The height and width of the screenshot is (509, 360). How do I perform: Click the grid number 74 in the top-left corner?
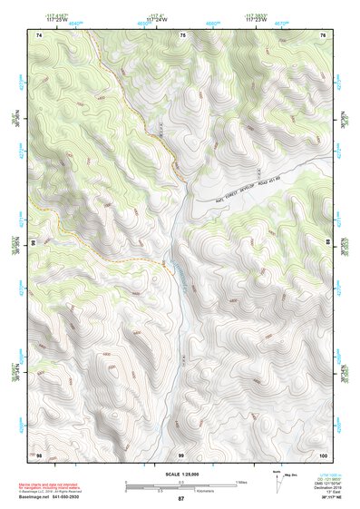pyautogui.click(x=39, y=34)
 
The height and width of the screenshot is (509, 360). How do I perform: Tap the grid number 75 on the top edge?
pyautogui.click(x=182, y=34)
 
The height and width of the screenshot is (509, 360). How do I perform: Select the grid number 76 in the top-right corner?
pyautogui.click(x=323, y=34)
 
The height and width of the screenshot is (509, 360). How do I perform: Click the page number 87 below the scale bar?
pyautogui.click(x=181, y=499)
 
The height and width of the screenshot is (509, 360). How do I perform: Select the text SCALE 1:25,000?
pyautogui.click(x=180, y=474)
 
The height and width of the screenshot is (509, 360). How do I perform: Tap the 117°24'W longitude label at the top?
pyautogui.click(x=158, y=18)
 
